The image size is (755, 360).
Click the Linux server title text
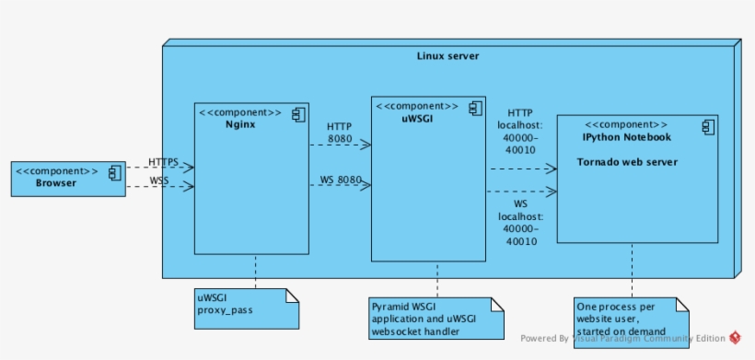point(447,57)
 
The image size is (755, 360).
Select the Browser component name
point(56,182)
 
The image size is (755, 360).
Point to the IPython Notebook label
point(626,137)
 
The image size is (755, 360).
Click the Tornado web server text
point(627,162)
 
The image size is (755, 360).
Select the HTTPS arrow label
point(164,161)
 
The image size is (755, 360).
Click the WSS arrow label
point(159,180)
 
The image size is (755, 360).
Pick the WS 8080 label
point(341,179)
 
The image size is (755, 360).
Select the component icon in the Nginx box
point(298,114)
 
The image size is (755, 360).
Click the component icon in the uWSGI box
point(474,108)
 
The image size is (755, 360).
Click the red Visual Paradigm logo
point(735,338)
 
